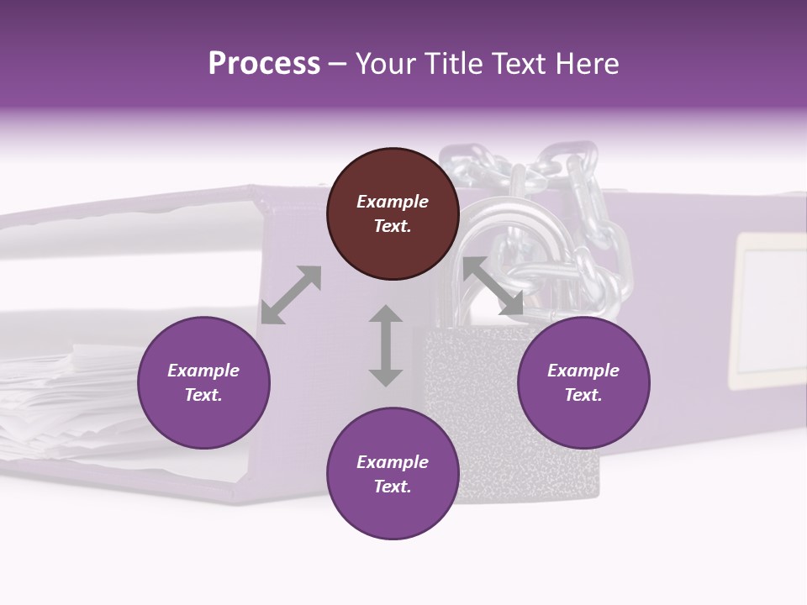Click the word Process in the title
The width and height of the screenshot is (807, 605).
(x=264, y=64)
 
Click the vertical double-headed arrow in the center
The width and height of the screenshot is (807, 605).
(x=386, y=345)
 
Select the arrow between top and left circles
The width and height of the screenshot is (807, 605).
(x=291, y=294)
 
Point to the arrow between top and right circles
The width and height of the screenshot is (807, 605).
(x=493, y=286)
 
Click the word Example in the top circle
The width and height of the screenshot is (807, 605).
(x=393, y=202)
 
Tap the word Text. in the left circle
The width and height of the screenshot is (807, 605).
(x=203, y=395)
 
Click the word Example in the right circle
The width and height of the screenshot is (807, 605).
(x=583, y=371)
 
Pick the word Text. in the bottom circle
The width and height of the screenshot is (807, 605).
(x=393, y=487)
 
